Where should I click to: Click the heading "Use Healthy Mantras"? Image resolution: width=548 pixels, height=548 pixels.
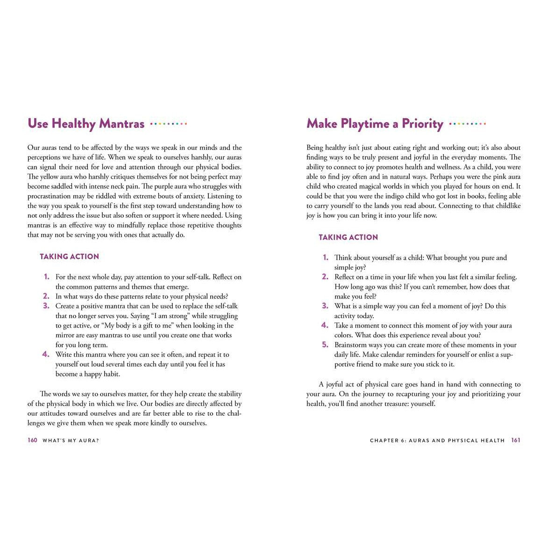pos(86,124)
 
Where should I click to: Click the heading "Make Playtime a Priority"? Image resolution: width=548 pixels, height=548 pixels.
pos(375,124)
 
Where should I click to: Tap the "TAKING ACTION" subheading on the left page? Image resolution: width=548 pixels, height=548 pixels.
pos(69,256)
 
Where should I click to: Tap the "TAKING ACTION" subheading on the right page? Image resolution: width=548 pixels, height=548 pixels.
pos(348,237)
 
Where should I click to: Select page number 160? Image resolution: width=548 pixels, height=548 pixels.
pos(32,440)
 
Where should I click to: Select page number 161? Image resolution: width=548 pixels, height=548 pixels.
pos(515,440)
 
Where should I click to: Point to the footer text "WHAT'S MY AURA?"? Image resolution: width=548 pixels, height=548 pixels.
pos(71,440)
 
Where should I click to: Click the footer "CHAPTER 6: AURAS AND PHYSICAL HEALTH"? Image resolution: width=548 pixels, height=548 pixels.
pos(437,440)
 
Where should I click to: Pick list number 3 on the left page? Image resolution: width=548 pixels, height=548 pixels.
pos(46,306)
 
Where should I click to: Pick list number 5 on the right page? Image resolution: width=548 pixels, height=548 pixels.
pos(325,345)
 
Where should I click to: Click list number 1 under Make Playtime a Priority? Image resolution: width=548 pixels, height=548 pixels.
pos(326,257)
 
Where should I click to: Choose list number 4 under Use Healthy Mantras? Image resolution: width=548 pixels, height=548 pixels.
pos(46,354)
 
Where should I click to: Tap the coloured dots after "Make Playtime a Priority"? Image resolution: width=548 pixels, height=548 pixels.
pos(467,124)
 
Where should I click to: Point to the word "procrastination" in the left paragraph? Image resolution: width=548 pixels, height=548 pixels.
pos(50,196)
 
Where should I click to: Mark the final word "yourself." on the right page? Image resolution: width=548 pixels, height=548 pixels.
pos(422,404)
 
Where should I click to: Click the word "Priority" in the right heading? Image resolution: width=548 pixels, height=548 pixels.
pos(422,124)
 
